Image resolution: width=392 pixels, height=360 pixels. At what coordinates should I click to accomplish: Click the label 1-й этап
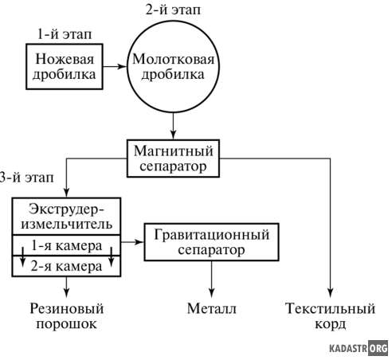pyautogui.click(x=65, y=34)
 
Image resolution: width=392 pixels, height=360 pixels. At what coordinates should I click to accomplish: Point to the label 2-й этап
pyautogui.click(x=173, y=10)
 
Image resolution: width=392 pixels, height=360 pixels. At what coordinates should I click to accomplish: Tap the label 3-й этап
pyautogui.click(x=26, y=178)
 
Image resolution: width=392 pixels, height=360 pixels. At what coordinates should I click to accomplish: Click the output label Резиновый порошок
pyautogui.click(x=66, y=316)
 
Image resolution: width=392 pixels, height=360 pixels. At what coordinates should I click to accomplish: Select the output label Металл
pyautogui.click(x=211, y=309)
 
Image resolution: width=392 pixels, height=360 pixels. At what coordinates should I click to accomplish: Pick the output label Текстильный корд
pyautogui.click(x=330, y=316)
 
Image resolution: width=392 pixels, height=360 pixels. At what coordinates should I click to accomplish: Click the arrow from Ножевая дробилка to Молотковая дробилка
pyautogui.click(x=115, y=66)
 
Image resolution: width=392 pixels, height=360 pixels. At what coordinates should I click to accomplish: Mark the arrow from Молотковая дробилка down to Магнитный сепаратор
pyautogui.click(x=173, y=126)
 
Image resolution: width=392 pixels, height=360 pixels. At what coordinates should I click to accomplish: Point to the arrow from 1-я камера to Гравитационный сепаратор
pyautogui.click(x=132, y=242)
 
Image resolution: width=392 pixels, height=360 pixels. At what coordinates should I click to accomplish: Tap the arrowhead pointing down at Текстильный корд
pyautogui.click(x=330, y=292)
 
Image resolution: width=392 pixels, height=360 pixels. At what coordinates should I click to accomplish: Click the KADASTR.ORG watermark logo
pyautogui.click(x=359, y=348)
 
